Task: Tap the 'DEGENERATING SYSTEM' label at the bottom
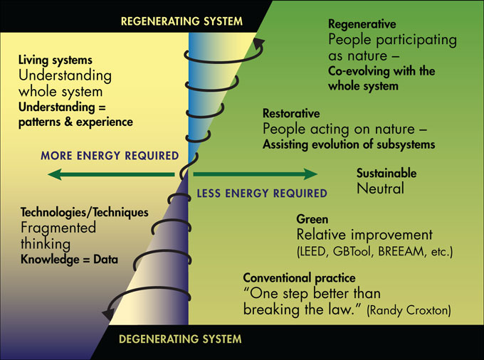tap(181, 339)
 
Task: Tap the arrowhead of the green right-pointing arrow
tap(310, 174)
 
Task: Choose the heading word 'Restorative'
tap(291, 114)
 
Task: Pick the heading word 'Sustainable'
tap(386, 174)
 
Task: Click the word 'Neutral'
tap(380, 189)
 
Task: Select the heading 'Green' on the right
tap(311, 220)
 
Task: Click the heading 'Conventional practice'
tap(299, 277)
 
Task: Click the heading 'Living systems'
tap(56, 60)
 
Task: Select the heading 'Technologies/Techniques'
tap(85, 212)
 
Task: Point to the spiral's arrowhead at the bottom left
tap(109, 312)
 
